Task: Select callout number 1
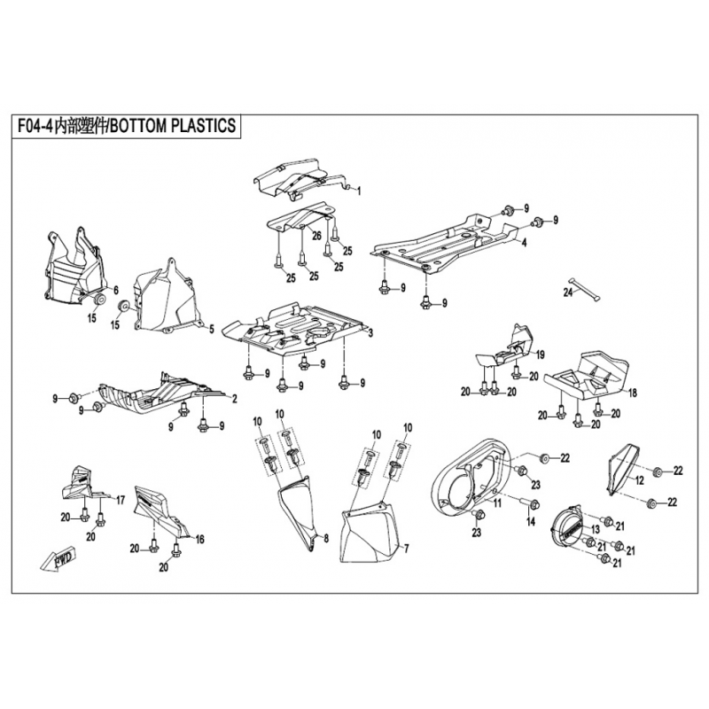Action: (359, 190)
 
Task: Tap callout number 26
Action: (314, 235)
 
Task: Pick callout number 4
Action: (524, 242)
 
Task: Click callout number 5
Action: (211, 330)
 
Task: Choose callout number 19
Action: (538, 354)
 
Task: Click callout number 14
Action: (531, 522)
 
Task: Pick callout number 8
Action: (325, 538)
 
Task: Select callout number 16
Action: (199, 539)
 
